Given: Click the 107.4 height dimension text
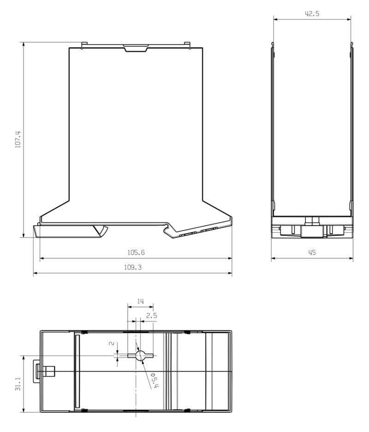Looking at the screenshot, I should pos(18,140).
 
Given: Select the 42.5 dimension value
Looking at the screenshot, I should pos(312,14).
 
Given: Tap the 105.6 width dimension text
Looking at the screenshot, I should pos(136,253).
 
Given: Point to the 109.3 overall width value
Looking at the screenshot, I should pos(133,268).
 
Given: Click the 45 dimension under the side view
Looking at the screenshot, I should pos(312,253).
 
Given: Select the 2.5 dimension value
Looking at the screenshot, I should pos(151,316).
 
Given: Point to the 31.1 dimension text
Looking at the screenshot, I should pos(18,384).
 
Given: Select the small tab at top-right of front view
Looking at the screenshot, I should pos(187,45).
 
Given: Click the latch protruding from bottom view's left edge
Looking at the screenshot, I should pos(37,371).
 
